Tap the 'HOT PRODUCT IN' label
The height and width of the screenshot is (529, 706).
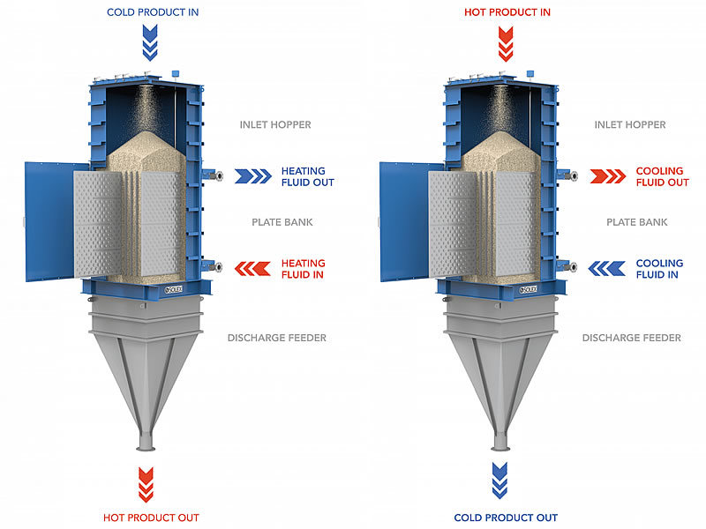point(507,12)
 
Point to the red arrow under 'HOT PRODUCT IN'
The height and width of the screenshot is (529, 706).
point(506,41)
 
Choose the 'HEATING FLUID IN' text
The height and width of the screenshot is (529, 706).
point(303,269)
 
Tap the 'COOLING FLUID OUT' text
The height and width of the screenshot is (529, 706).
point(662,176)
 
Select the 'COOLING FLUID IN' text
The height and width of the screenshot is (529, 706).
point(659,269)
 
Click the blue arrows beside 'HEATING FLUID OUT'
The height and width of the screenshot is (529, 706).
point(253,176)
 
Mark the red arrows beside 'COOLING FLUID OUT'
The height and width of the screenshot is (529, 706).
point(609,176)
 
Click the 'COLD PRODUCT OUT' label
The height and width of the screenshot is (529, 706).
point(507,518)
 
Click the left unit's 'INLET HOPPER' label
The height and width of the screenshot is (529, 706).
point(275,124)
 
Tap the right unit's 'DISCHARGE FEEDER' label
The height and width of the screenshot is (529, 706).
point(631,338)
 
